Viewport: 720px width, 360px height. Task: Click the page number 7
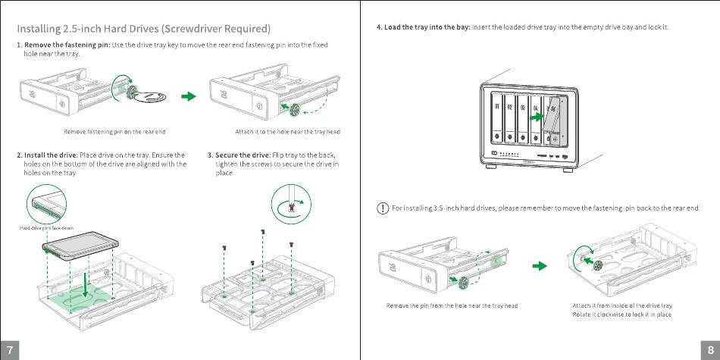click(9, 349)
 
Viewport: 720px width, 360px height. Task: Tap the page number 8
click(710, 349)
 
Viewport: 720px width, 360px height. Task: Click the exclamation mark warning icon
click(383, 208)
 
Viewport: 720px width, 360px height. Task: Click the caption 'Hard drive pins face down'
click(46, 228)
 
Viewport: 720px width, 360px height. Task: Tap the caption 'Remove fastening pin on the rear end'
click(114, 132)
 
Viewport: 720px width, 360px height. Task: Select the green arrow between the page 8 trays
click(539, 266)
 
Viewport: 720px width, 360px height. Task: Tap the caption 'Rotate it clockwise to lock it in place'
click(621, 314)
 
